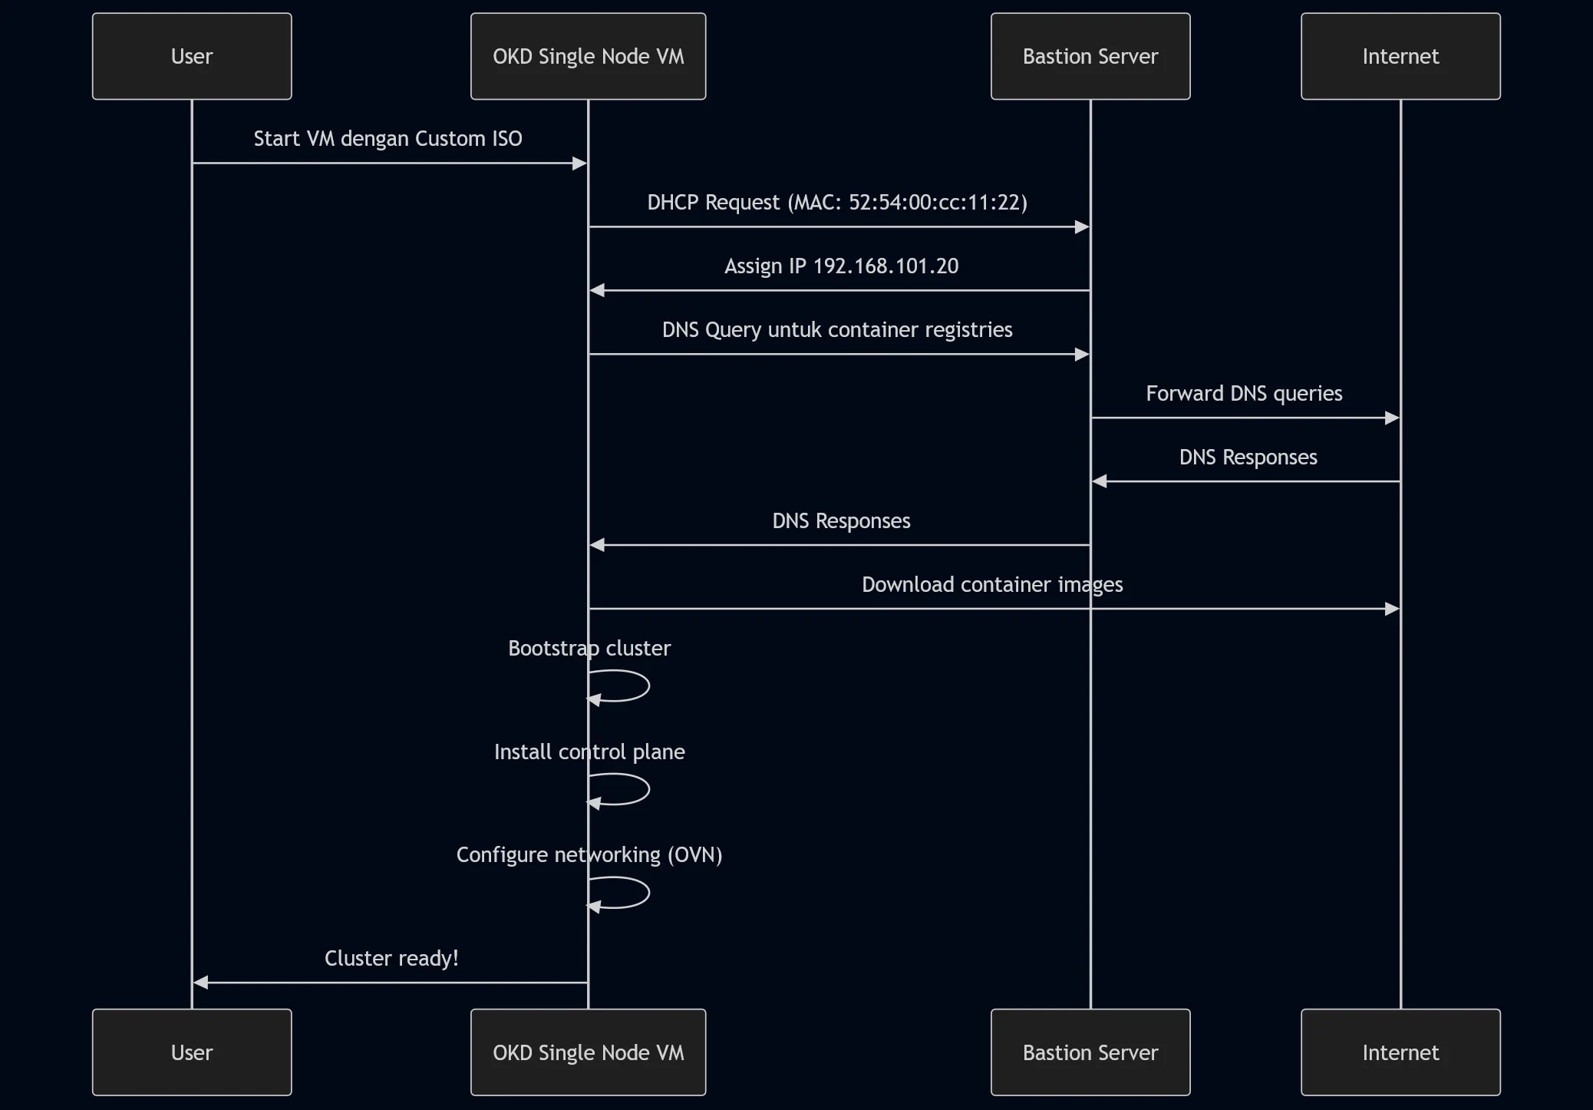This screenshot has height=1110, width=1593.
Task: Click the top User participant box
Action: click(192, 56)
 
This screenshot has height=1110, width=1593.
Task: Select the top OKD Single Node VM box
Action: click(588, 56)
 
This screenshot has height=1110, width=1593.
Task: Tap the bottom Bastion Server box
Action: click(1090, 1052)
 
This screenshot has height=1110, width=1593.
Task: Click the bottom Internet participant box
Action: click(1400, 1052)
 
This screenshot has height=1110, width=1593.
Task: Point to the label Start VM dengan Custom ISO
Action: click(388, 139)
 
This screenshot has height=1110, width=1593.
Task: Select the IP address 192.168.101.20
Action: click(886, 266)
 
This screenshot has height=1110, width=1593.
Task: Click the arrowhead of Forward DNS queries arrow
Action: click(1392, 418)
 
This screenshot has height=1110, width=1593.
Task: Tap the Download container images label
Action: click(991, 585)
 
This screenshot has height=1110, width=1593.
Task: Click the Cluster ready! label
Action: click(391, 959)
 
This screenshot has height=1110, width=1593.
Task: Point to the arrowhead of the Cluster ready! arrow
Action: click(201, 983)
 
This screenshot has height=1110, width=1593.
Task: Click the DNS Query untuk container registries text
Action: click(836, 330)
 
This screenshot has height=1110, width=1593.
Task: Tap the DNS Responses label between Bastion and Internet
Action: click(1248, 458)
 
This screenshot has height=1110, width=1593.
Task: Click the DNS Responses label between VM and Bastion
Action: click(841, 521)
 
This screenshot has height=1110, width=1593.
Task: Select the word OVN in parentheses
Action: click(694, 855)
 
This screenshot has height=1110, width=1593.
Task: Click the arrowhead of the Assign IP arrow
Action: click(597, 290)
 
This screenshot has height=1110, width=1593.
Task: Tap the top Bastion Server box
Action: click(1090, 56)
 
